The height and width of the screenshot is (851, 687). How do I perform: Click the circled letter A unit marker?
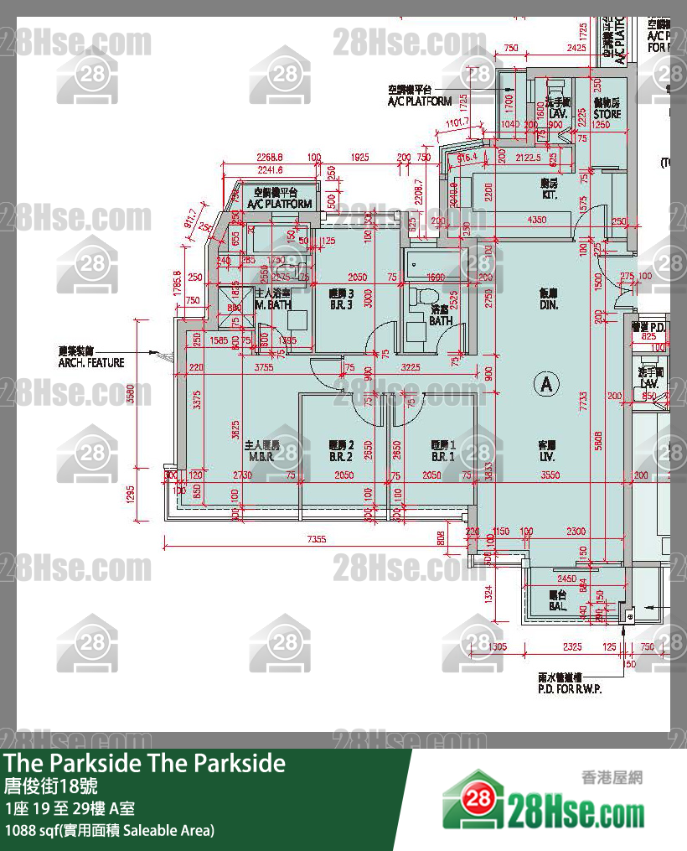pos(546,385)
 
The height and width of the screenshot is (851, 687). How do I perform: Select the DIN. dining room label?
pos(549,300)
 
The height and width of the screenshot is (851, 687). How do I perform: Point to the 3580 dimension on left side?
pos(131,393)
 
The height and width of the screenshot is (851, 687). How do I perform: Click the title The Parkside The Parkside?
pos(145,763)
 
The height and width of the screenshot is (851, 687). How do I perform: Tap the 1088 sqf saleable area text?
pos(110,830)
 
